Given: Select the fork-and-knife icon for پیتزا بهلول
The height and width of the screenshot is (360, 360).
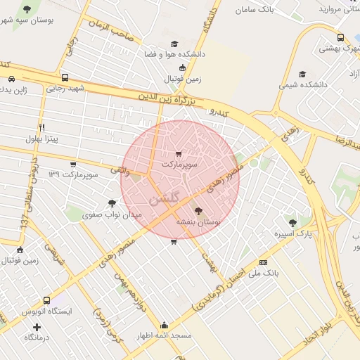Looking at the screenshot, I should click(x=41, y=127).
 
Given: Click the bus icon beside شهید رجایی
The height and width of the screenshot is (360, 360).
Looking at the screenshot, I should click(x=65, y=78).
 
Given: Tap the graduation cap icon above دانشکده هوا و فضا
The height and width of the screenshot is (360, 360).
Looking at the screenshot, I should click(x=182, y=43).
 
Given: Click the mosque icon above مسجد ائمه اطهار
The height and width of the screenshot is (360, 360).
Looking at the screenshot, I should click(x=164, y=326).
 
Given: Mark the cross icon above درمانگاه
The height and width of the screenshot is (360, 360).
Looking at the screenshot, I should click(x=37, y=327).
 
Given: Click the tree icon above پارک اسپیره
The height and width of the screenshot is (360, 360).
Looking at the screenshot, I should click(x=292, y=222).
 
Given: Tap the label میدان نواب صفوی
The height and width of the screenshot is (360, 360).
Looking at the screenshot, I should click(x=112, y=214).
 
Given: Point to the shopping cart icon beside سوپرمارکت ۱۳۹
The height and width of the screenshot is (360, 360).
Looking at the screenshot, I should click(x=73, y=165).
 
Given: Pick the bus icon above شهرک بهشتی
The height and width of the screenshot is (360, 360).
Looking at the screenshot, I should click(x=340, y=38).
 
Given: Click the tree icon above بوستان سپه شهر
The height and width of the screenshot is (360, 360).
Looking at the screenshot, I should click(x=27, y=9).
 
